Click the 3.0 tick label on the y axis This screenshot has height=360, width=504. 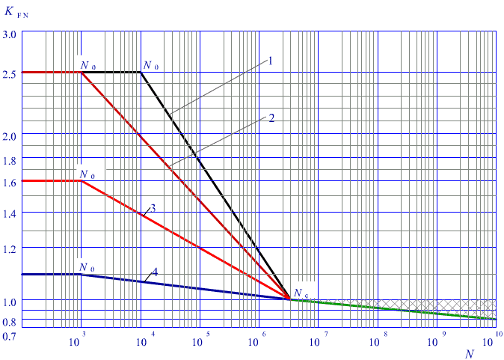click(x=9, y=34)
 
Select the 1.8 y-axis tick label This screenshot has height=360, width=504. click(x=9, y=160)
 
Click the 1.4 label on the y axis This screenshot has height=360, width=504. click(x=9, y=213)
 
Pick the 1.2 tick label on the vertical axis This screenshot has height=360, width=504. click(x=9, y=248)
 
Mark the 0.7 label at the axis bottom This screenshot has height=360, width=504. click(x=9, y=338)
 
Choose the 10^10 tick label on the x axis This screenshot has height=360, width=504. click(x=494, y=341)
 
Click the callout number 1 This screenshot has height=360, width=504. click(x=271, y=60)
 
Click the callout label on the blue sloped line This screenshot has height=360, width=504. click(x=156, y=270)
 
